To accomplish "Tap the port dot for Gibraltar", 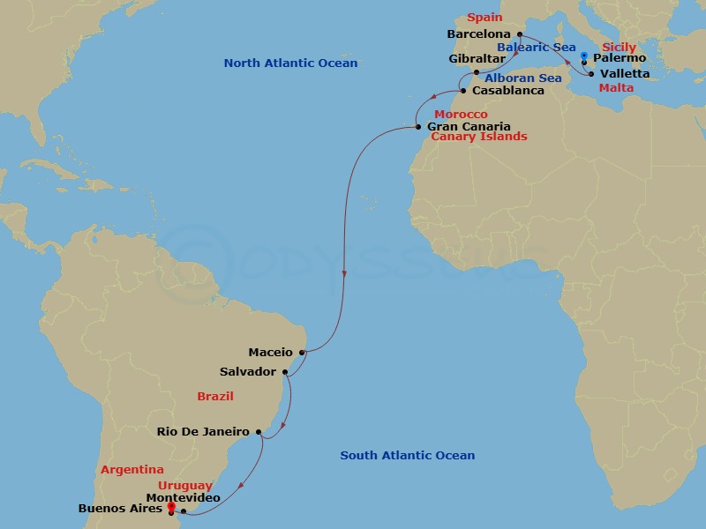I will [477, 72].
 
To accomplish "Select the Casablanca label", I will [508, 90].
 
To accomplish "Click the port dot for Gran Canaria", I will [419, 127].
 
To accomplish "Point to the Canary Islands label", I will [478, 137].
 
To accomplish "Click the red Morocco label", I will [461, 115].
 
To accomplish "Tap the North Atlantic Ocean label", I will [290, 63].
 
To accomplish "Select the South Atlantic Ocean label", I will [408, 455].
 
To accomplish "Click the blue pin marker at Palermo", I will [584, 57].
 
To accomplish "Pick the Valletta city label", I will [624, 74].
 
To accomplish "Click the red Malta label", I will [615, 88].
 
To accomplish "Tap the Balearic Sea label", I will [536, 47].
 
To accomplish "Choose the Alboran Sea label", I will [522, 78].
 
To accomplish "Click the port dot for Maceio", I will [302, 353].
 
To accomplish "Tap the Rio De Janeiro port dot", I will [259, 432].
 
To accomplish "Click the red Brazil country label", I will [215, 397].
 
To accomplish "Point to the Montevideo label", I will [189, 498].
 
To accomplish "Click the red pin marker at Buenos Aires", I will [170, 506].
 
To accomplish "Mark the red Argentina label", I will [132, 470].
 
